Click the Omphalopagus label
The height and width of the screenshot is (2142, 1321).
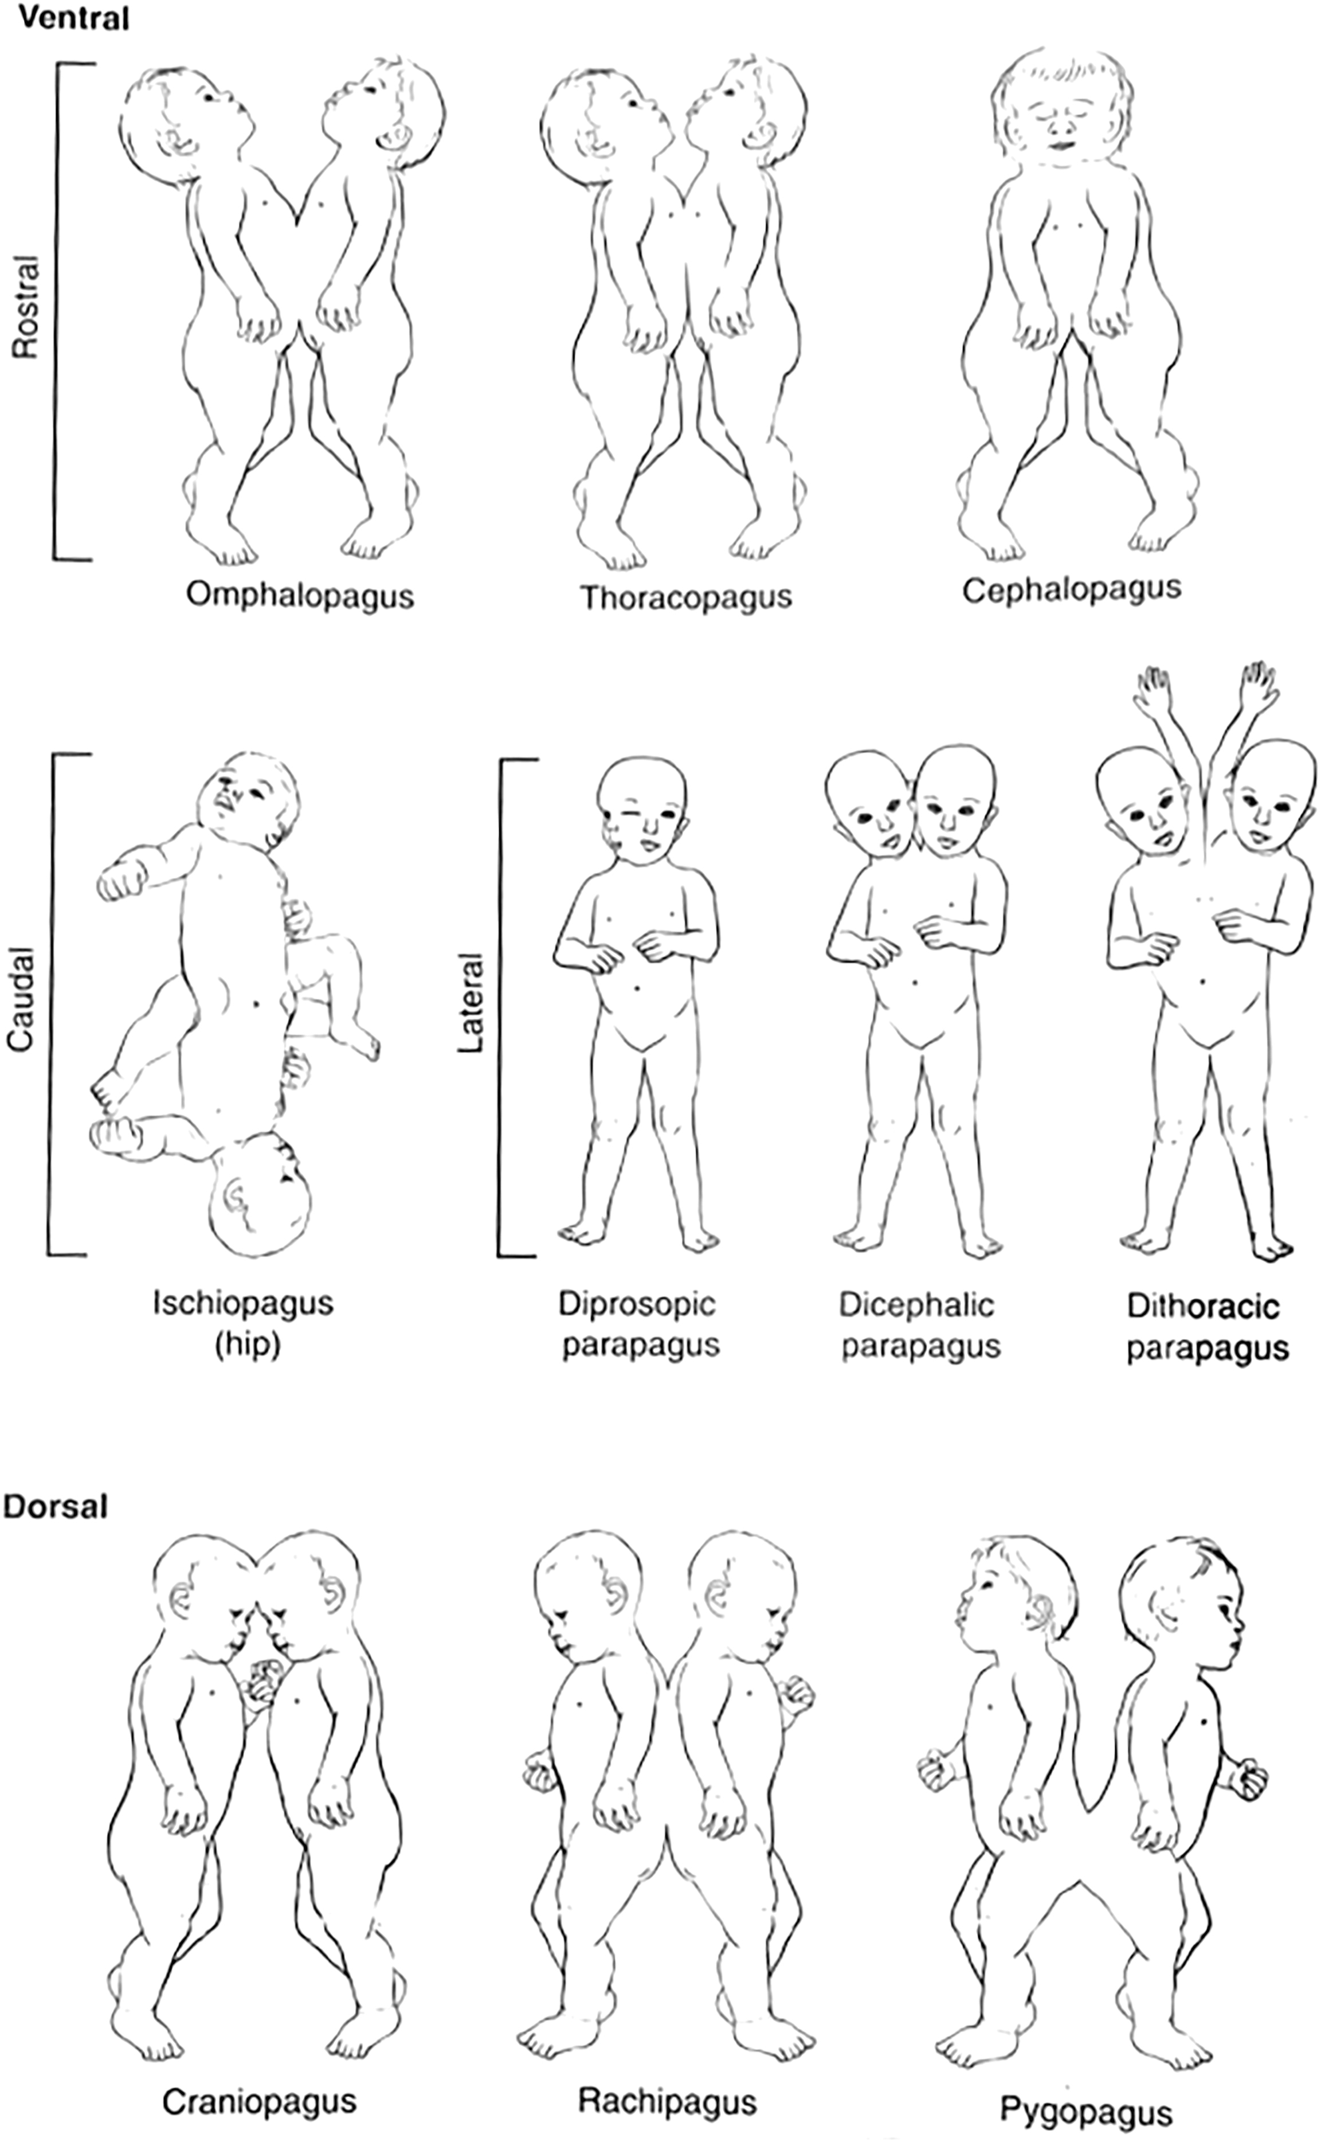pos(300,597)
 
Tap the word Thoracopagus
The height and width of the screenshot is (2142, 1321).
pos(687,598)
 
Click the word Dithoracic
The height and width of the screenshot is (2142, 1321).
pos(1203,1307)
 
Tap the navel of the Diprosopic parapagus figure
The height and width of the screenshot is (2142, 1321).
pos(638,987)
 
